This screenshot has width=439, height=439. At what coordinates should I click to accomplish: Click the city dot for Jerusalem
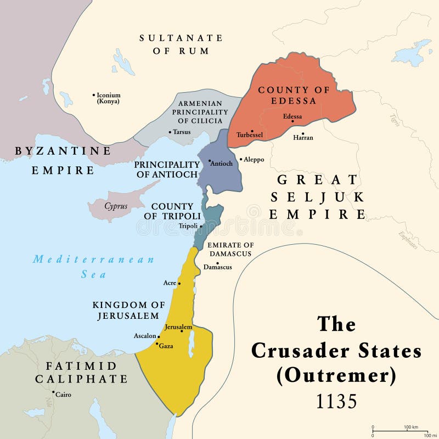click(182, 331)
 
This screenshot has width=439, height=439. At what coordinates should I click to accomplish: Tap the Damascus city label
click(217, 267)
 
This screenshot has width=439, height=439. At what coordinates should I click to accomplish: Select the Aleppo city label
click(254, 159)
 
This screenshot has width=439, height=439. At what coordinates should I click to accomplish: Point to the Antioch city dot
click(210, 162)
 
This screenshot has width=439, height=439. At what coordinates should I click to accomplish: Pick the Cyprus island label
click(115, 206)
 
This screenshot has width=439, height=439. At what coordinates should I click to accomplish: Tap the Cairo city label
click(63, 395)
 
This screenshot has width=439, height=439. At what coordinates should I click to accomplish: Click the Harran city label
click(303, 138)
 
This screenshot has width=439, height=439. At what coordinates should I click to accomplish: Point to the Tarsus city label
click(182, 132)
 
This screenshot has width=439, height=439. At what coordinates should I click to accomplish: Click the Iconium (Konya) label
click(108, 98)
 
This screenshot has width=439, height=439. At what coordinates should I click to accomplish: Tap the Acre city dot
click(179, 283)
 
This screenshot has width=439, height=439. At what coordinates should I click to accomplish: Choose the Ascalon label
click(144, 336)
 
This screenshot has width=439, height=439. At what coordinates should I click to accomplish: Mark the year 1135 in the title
click(336, 402)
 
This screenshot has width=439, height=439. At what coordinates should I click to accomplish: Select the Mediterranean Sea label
click(93, 267)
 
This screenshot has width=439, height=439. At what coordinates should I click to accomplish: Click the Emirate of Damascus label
click(229, 249)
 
